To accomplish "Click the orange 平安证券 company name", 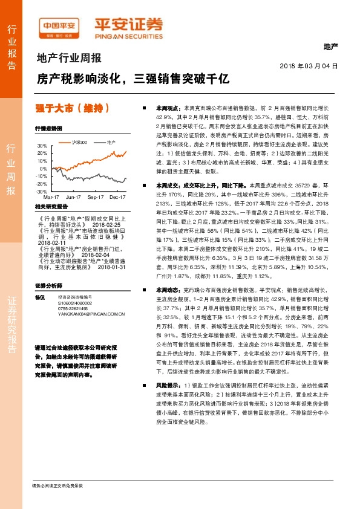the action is click(x=128, y=25).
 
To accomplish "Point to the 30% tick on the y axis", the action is click(x=42, y=146).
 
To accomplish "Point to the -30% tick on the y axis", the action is click(x=42, y=191).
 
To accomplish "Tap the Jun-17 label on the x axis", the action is click(x=73, y=197).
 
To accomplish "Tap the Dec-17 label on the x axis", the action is click(x=117, y=197).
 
